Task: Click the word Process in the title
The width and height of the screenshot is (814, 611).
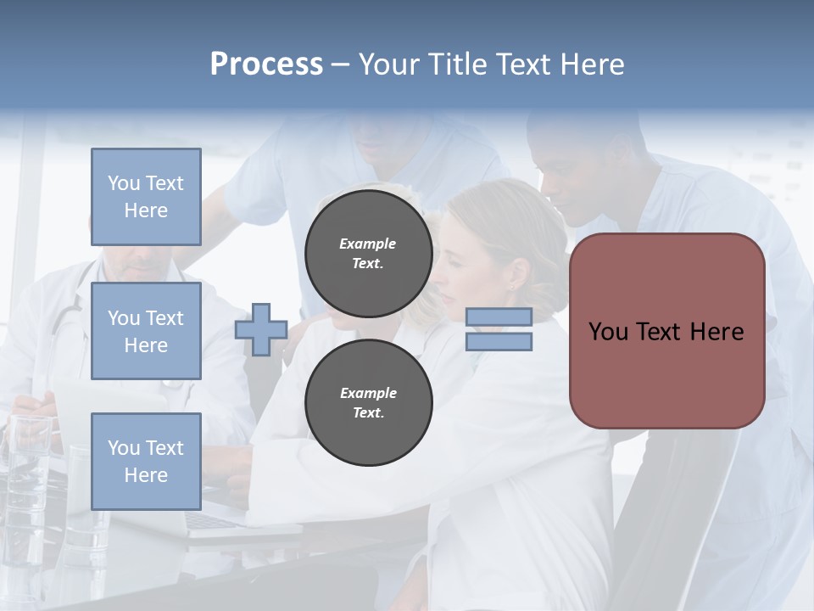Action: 266,64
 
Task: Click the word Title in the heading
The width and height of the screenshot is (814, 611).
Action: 454,64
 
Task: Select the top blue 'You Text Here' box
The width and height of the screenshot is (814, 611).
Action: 146,197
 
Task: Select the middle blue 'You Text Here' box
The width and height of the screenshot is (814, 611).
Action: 146,331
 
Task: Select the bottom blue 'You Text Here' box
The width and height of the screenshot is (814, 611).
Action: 146,461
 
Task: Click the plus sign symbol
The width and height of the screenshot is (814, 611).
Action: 261,329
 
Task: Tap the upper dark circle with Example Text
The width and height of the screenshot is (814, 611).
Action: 368,253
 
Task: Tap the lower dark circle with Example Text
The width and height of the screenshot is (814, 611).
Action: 368,402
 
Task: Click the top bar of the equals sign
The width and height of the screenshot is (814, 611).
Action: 499,317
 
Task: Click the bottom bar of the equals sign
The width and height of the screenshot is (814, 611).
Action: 499,341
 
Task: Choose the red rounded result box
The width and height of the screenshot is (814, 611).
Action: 666,373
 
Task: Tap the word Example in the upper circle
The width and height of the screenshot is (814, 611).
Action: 368,244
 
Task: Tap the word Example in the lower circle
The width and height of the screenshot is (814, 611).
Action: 368,393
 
